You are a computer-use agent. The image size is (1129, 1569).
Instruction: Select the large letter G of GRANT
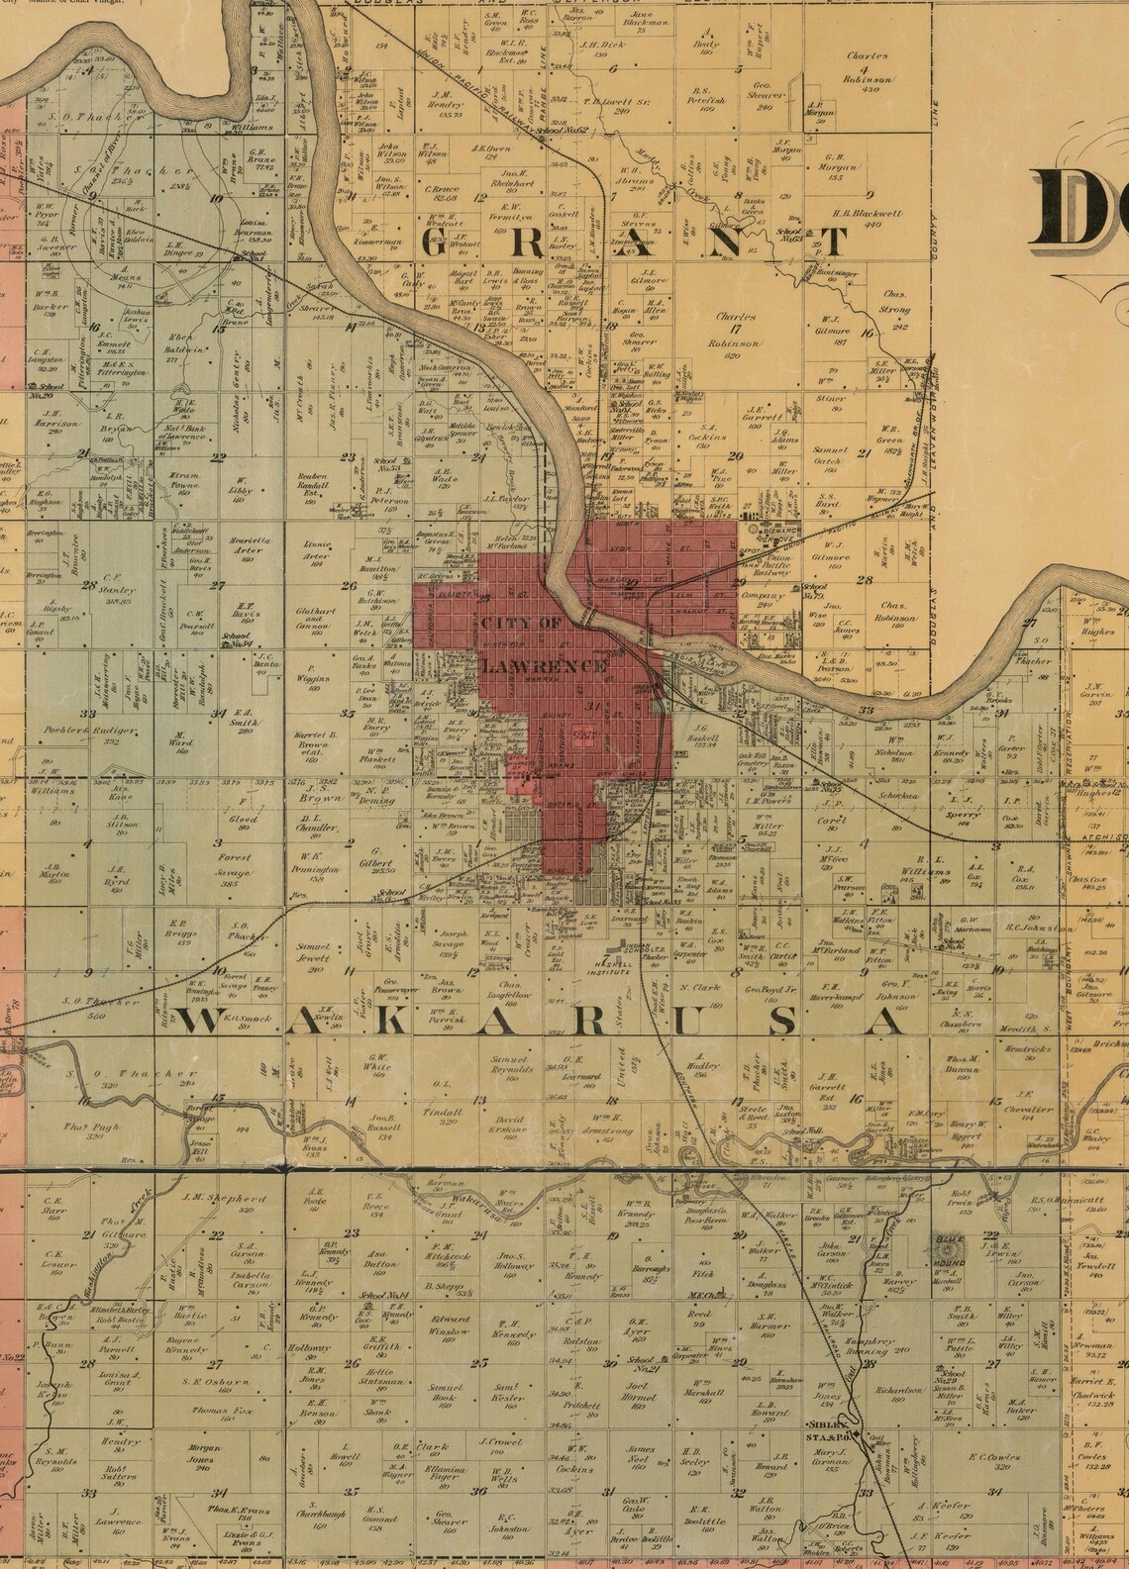pyautogui.click(x=440, y=244)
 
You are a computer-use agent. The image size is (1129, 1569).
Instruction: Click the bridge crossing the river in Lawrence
pyautogui.click(x=592, y=616)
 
